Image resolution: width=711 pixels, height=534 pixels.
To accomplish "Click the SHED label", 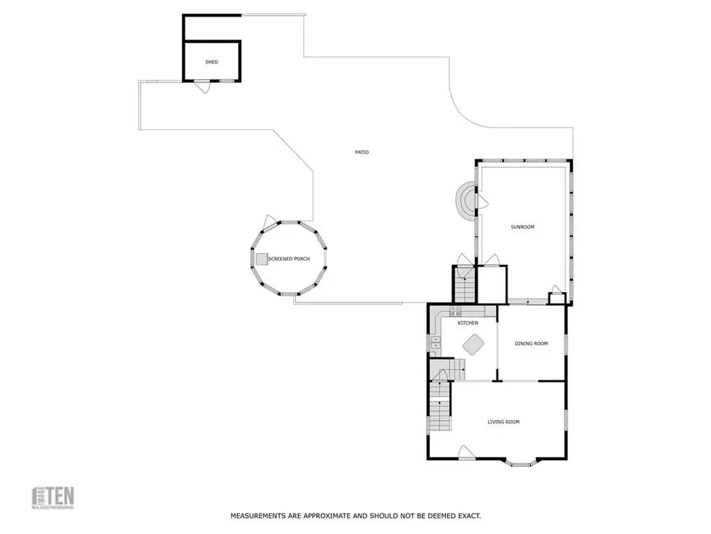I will click(212, 62).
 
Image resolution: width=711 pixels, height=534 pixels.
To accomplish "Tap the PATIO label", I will click(361, 152).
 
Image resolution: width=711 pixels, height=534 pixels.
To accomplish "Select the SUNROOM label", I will click(523, 227).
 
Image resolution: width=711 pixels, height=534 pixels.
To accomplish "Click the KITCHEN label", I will click(467, 323).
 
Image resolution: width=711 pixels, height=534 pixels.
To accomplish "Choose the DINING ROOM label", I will click(531, 343).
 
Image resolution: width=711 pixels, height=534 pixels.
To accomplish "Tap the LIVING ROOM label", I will click(503, 422).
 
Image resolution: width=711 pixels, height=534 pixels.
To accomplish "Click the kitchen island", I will click(474, 344).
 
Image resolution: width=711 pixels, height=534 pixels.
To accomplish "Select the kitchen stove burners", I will click(455, 311).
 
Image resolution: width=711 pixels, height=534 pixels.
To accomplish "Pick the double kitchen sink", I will click(436, 341).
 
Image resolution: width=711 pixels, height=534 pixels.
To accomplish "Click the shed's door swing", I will click(201, 88).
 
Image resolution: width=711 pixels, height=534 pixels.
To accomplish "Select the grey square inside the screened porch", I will click(262, 259).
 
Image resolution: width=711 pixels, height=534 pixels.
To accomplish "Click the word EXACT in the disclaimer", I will click(469, 516).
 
